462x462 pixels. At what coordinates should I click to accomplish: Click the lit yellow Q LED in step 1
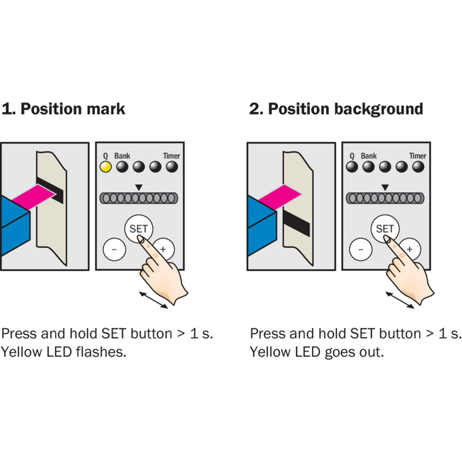click(x=105, y=166)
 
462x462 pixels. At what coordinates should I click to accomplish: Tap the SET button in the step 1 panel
click(x=139, y=229)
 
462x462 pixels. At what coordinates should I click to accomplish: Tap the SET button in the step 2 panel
click(x=385, y=229)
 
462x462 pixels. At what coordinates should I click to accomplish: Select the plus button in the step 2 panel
click(x=410, y=249)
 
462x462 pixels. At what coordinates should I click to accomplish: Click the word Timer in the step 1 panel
click(x=171, y=156)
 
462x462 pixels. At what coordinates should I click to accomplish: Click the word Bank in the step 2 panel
click(x=369, y=156)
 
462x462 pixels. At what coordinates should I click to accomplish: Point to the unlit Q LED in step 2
click(x=352, y=166)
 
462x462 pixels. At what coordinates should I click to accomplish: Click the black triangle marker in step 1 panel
click(x=139, y=188)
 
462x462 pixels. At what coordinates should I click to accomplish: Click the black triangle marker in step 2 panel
click(x=385, y=188)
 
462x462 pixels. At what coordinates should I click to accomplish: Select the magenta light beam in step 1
click(x=33, y=197)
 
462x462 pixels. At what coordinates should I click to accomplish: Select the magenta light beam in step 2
click(x=280, y=197)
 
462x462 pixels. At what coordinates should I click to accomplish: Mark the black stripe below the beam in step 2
click(x=296, y=223)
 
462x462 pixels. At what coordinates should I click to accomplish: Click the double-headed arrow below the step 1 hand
click(x=154, y=300)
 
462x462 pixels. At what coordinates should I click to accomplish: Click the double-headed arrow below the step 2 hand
click(x=399, y=300)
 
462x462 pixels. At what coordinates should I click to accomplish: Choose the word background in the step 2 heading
click(x=378, y=109)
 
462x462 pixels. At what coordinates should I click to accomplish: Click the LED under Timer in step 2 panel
click(x=418, y=166)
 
